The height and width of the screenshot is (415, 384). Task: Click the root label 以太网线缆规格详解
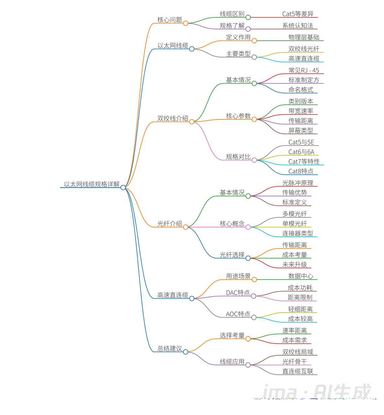92,184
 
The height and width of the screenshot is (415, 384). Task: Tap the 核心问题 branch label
170,20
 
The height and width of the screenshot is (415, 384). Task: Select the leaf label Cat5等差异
298,14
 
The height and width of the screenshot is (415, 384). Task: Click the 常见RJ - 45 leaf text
304,70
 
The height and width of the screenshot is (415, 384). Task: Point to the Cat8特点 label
301,171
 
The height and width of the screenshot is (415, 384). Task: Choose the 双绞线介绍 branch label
173,118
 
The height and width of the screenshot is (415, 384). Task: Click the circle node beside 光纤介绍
186,227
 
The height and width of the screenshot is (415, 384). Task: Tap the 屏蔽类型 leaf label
301,130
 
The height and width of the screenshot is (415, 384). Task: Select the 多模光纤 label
295,214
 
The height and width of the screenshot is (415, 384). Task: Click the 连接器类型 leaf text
297,233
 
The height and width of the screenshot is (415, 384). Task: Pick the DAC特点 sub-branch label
238,293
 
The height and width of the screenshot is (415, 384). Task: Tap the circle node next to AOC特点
254,317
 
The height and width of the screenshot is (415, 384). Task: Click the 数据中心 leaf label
301,276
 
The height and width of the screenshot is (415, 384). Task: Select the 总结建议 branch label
170,349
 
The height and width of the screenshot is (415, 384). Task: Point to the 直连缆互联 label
297,371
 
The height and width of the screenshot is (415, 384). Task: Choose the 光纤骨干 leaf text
295,362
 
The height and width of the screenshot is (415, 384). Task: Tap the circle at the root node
123,188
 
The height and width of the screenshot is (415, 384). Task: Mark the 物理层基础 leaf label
304,37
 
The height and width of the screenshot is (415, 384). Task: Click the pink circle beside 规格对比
254,160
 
